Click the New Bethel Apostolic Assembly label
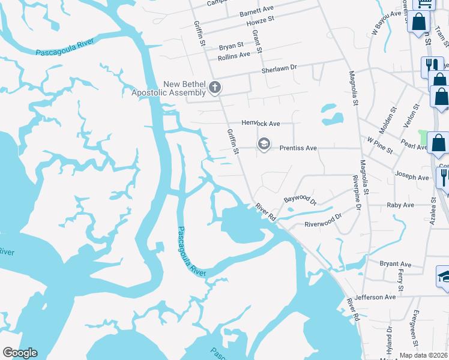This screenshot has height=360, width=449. (x=169, y=88)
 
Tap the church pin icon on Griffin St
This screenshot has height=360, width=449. (x=214, y=88)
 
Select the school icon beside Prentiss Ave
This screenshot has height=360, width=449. (x=263, y=145)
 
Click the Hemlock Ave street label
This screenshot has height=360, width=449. (x=261, y=123)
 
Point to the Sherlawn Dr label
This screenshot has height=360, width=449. (x=279, y=70)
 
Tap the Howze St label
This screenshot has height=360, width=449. (x=260, y=20)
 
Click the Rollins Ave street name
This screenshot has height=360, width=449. (x=234, y=55)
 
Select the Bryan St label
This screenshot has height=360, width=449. (x=231, y=46)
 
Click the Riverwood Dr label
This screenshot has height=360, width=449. (x=323, y=220)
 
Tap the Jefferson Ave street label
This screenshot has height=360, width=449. (x=375, y=296)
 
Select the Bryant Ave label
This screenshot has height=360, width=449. (x=396, y=264)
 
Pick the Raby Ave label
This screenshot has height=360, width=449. (x=400, y=205)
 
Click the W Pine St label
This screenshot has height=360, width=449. (x=380, y=145)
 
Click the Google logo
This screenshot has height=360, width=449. (x=20, y=353)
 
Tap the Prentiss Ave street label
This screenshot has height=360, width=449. (x=300, y=148)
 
